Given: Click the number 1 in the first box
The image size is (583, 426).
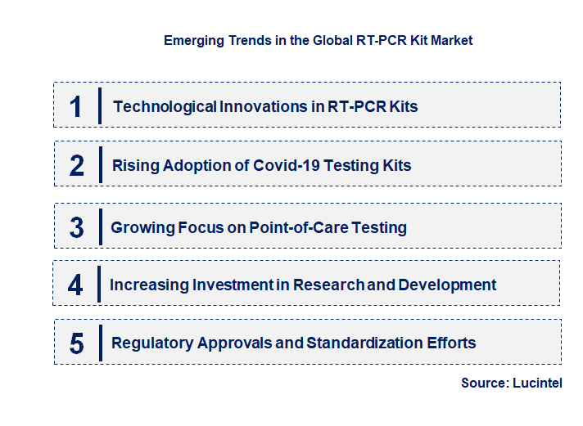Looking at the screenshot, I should (x=75, y=106).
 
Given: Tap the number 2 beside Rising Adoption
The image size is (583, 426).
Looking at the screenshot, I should (x=77, y=166).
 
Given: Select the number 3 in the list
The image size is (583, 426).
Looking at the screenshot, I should (x=76, y=227).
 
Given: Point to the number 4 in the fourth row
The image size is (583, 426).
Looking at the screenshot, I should (x=75, y=285).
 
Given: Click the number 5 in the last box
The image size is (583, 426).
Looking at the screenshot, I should (x=76, y=343).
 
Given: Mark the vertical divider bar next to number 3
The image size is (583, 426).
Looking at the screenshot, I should (x=99, y=226).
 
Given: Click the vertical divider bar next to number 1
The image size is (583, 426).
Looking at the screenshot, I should (x=99, y=105).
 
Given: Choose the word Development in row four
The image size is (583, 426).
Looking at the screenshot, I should (x=449, y=285).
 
